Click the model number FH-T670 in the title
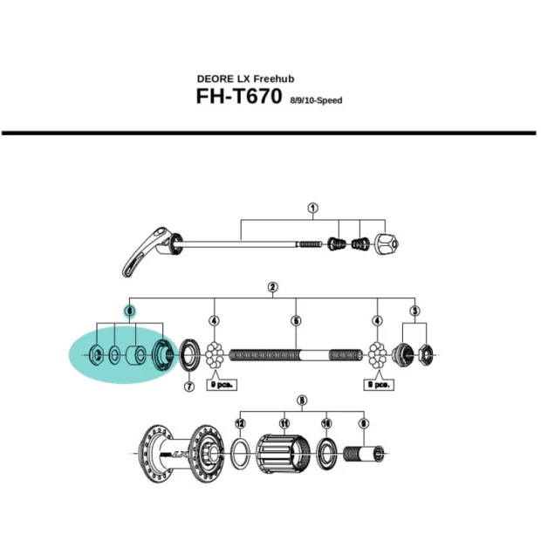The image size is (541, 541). point(238,96)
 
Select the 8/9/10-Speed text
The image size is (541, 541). point(315,100)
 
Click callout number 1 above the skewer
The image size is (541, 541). point(312,209)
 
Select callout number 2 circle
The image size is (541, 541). point(273,287)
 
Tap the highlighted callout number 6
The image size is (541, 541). point(129,311)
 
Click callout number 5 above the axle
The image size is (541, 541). point(296,322)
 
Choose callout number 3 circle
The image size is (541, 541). point(415,311)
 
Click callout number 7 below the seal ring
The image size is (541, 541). point(188,387)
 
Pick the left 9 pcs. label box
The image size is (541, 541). point(222,384)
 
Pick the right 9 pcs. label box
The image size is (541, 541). point(380,384)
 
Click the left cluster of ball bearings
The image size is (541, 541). point(215,356)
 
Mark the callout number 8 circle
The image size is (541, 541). point(302,401)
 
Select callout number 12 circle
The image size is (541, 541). point(240,423)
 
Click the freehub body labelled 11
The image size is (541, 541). point(282,452)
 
